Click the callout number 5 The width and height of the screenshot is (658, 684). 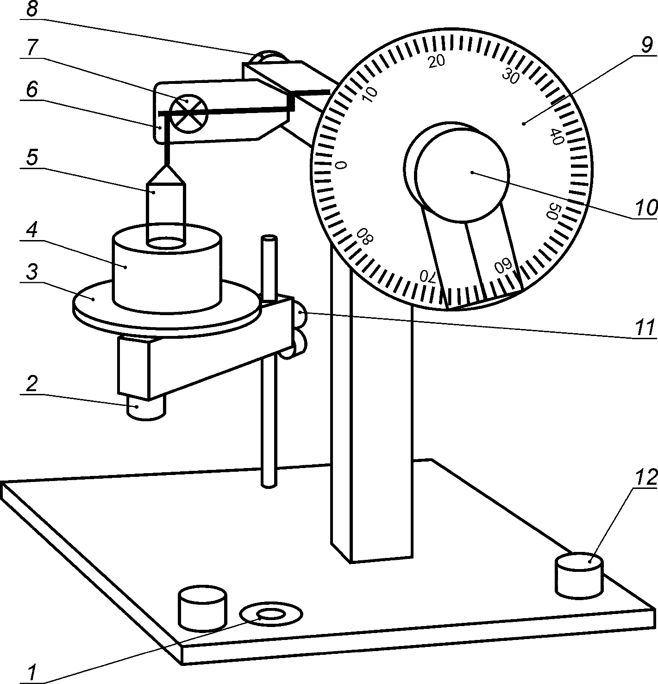[31, 158]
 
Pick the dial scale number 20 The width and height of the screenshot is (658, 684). [436, 61]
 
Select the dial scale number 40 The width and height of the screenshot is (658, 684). [556, 136]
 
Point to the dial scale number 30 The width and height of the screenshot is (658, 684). [511, 76]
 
